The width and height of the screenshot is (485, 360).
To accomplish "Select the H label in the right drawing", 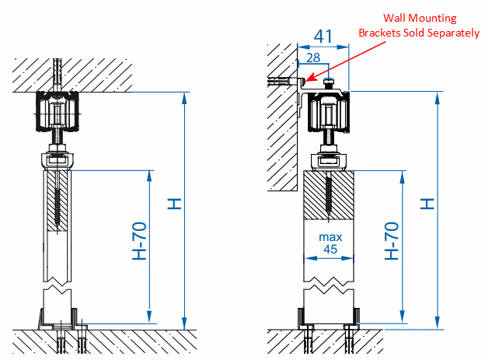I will click(426, 204).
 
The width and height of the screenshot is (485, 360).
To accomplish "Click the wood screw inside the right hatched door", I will click(329, 194).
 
